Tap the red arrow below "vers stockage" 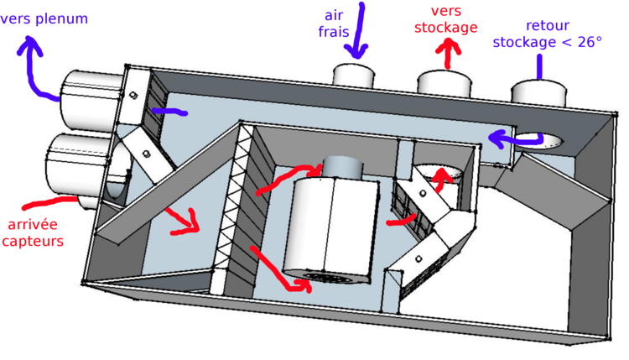click(x=450, y=53)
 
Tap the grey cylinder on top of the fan click(x=341, y=168)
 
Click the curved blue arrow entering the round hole click(x=512, y=137)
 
